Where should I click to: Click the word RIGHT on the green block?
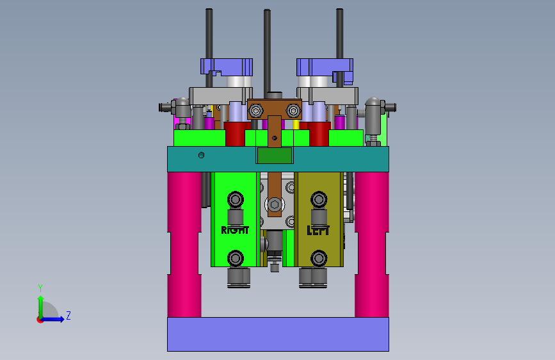pos(235,230)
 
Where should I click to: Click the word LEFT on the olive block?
pos(318,231)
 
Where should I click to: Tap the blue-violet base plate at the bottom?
pos(278,334)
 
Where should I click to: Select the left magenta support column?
pos(184,245)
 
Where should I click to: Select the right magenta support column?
pos(372,245)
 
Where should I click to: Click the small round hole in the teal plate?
pos(202,155)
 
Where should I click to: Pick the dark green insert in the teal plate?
pos(275,156)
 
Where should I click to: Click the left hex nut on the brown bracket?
pos(255,111)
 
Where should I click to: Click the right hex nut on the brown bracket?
pos(293,111)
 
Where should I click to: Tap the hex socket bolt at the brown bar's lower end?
pos(275,204)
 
